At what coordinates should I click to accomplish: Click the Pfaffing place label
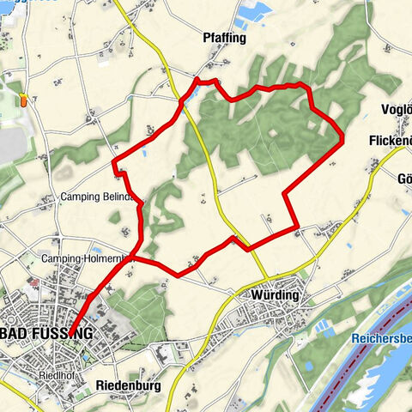click(x=226, y=39)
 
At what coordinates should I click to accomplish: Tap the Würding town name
click(x=275, y=295)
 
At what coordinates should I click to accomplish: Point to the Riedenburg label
click(x=129, y=385)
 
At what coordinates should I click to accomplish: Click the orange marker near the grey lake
click(x=25, y=99)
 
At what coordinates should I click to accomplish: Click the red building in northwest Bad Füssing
click(x=34, y=282)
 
